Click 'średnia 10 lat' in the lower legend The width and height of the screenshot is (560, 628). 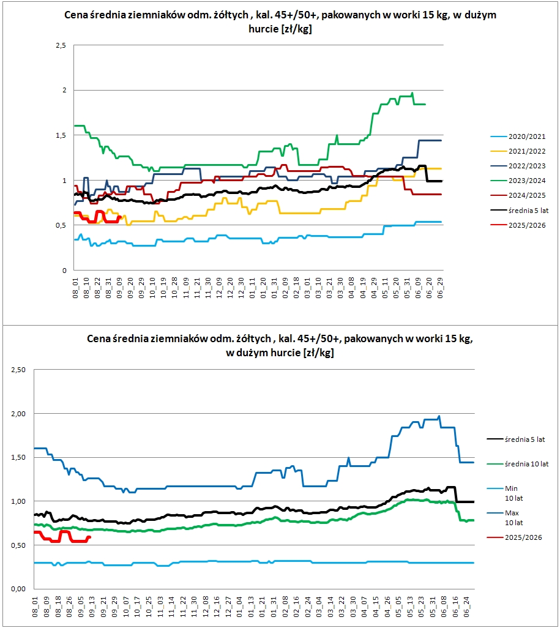pos(526,463)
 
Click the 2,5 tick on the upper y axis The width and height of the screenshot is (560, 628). pos(61,45)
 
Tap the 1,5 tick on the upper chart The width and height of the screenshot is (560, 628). pos(61,135)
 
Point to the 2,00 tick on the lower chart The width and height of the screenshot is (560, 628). pos(20,414)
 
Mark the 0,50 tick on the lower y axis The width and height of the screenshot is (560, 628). pos(20,545)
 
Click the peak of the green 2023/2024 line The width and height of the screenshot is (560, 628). pos(413,93)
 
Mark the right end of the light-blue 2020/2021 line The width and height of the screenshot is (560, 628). pos(441,222)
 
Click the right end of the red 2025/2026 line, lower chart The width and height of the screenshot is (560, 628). pos(90,537)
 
